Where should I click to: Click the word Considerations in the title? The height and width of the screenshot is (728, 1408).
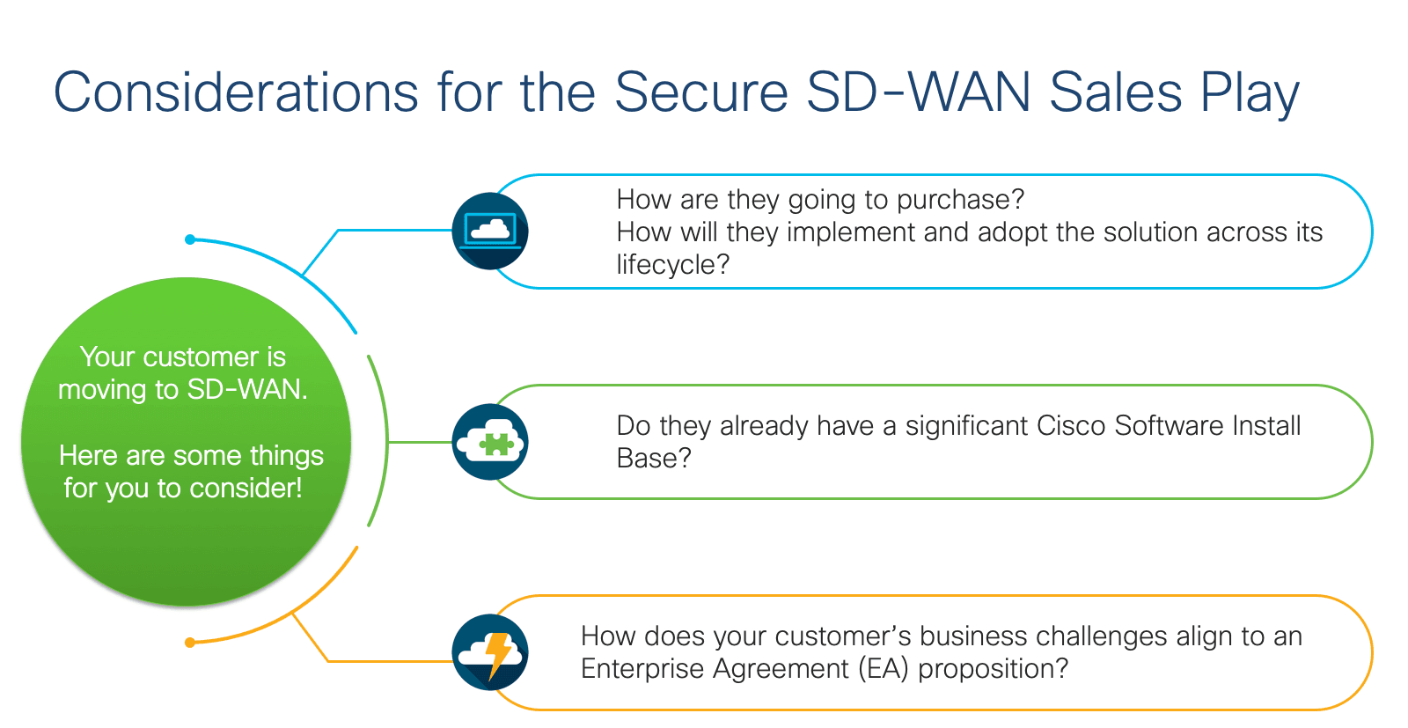pyautogui.click(x=237, y=92)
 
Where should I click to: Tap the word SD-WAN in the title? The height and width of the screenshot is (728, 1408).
pyautogui.click(x=919, y=92)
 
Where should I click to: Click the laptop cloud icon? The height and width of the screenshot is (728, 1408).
pyautogui.click(x=490, y=231)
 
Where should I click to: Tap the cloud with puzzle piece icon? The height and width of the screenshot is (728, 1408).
pyautogui.click(x=490, y=442)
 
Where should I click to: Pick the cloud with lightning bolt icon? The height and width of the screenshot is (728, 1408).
pyautogui.click(x=490, y=652)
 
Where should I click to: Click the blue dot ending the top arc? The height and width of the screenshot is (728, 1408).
pyautogui.click(x=190, y=239)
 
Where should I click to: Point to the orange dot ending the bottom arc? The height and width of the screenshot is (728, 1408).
pyautogui.click(x=190, y=643)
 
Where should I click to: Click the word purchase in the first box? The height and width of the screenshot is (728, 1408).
pyautogui.click(x=960, y=201)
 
